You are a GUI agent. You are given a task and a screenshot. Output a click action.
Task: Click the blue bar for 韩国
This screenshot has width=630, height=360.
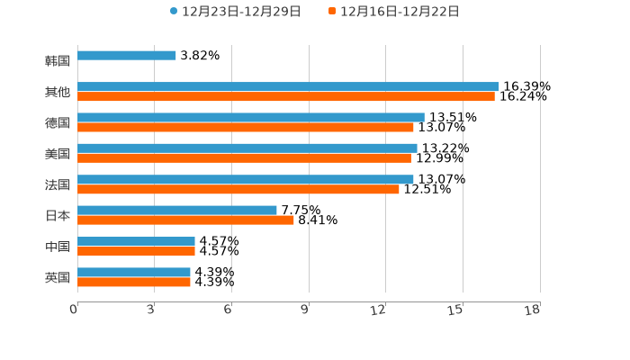tap(127, 56)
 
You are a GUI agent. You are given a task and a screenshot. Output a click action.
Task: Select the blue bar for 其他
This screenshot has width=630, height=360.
tap(288, 86)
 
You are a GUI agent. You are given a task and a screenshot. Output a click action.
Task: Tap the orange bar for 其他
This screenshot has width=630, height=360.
tap(286, 96)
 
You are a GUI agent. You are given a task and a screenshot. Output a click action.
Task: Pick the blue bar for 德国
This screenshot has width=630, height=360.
tap(251, 117)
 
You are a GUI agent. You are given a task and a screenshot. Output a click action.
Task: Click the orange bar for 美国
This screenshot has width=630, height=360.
tap(244, 157)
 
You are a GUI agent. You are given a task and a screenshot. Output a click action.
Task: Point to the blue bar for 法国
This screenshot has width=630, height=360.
tap(246, 179)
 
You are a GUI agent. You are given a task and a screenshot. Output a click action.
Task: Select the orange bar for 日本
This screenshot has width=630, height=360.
tap(185, 220)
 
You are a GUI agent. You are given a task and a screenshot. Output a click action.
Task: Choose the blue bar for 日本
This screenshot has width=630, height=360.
tap(177, 210)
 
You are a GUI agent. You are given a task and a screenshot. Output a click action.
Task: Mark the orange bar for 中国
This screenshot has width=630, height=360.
tap(136, 251)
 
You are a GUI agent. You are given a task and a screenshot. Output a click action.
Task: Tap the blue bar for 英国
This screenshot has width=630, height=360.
tap(134, 272)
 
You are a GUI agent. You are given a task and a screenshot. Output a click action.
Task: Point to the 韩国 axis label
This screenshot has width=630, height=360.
tap(58, 61)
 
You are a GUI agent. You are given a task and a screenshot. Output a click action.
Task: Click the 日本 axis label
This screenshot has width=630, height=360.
tap(58, 216)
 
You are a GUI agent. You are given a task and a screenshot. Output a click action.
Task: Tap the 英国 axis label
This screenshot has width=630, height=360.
tap(58, 277)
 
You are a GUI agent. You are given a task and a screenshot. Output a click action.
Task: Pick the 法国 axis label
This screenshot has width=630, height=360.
tap(58, 184)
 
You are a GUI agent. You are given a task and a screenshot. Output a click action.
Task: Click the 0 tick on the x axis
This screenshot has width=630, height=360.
tap(75, 310)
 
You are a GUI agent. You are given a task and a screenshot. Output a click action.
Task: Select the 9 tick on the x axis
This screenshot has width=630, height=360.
tap(305, 310)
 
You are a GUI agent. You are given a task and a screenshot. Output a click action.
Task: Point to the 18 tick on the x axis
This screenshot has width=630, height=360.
tap(533, 310)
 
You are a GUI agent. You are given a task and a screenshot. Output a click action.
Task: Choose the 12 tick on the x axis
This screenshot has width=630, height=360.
tap(379, 310)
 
